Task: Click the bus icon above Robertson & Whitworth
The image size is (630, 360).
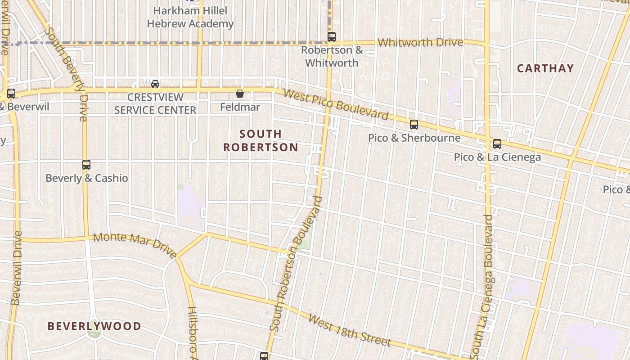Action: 332,36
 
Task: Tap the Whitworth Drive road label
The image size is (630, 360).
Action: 420,43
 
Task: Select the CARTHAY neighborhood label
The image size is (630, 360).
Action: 545,68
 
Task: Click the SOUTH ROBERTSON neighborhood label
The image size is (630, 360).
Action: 261,140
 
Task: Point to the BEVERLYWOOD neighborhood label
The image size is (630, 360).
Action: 94,326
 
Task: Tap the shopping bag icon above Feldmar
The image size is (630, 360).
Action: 240,94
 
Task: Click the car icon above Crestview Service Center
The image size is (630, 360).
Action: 155,84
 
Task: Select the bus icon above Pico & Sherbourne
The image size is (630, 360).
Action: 414,125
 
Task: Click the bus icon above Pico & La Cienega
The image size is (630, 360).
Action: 497,144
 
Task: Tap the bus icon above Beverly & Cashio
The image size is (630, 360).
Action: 86,165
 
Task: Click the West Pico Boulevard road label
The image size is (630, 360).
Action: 337,105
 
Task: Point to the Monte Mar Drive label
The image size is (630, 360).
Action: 135,246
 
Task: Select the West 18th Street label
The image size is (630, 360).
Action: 350,331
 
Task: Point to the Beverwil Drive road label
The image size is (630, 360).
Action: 17,268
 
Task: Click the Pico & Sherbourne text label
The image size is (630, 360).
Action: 414,138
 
